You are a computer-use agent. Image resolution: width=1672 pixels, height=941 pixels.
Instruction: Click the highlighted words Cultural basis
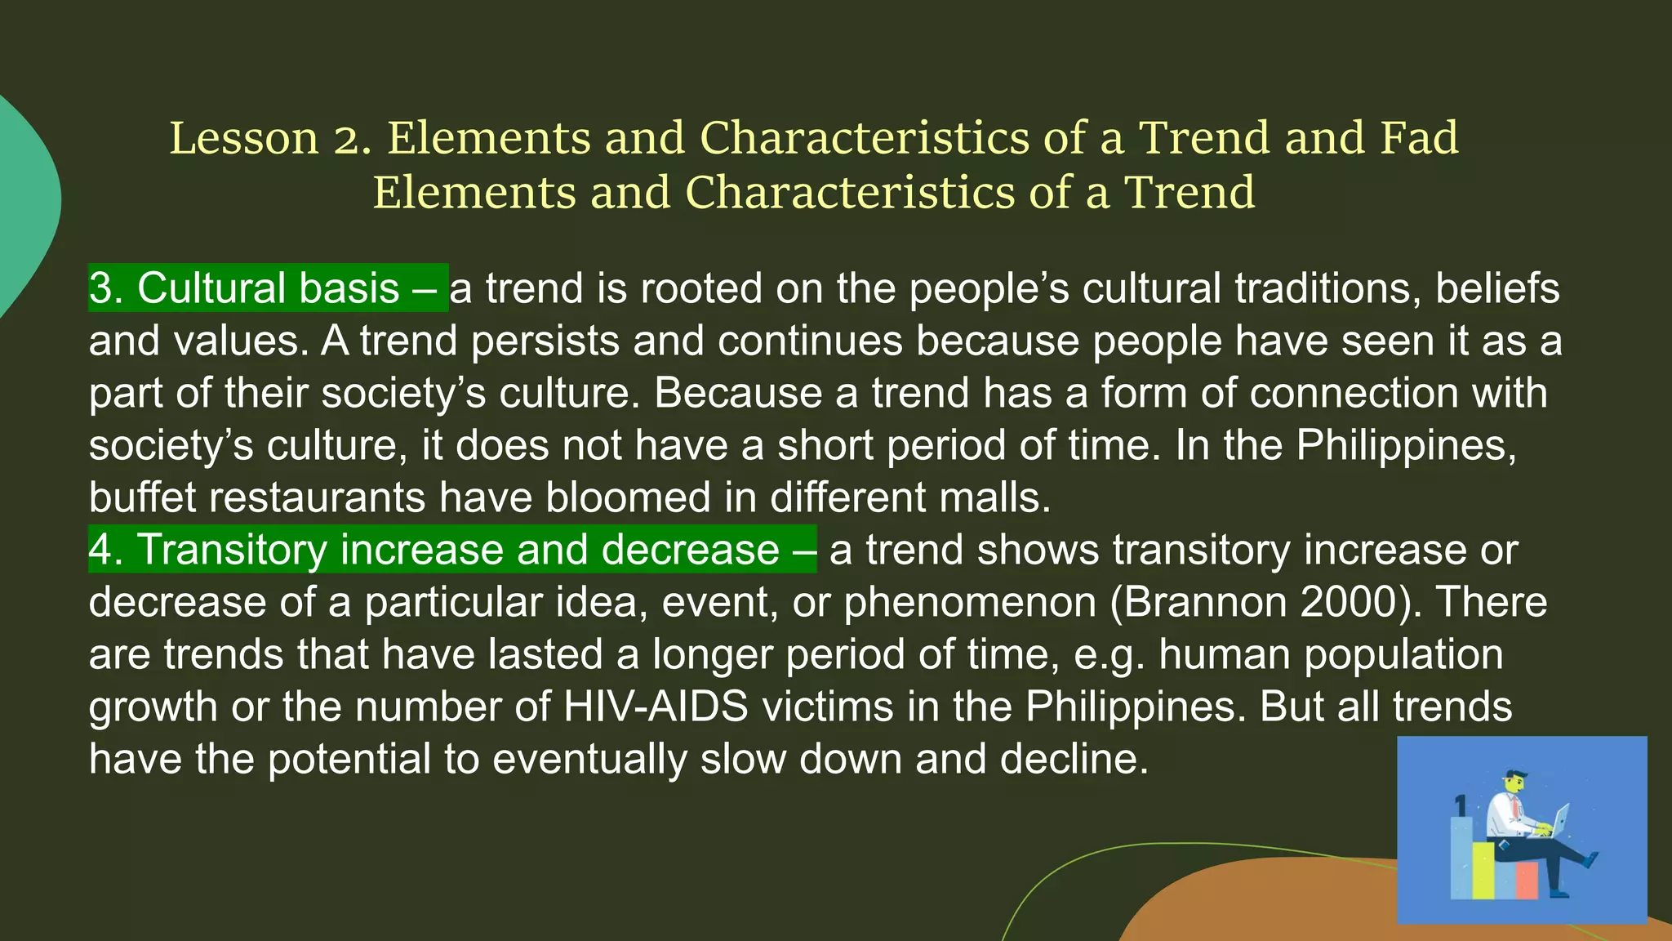[268, 288]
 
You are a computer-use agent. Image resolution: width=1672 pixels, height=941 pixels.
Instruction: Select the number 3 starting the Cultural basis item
[100, 288]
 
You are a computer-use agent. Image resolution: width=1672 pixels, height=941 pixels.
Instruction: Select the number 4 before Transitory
[100, 550]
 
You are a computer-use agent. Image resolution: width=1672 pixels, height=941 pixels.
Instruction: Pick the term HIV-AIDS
[656, 707]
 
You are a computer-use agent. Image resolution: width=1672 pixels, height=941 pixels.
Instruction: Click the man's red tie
[1515, 809]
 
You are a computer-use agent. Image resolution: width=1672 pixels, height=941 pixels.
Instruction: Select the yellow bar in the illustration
[1483, 870]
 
